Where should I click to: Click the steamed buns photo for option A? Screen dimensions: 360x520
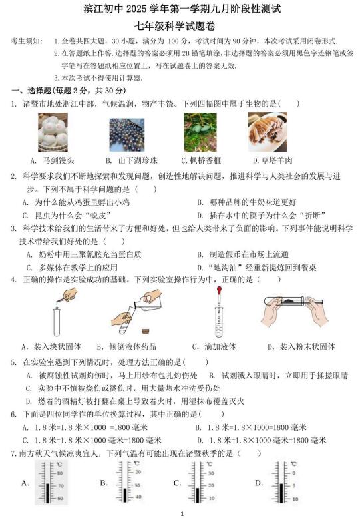[x=53, y=132]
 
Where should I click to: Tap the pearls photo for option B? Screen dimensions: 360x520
[x=127, y=134]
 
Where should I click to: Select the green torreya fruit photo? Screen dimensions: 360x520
[x=200, y=132]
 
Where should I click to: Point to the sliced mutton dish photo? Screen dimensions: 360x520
[x=268, y=132]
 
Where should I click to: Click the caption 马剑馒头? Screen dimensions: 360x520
[x=59, y=161]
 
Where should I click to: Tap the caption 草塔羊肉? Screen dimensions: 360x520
[x=277, y=161]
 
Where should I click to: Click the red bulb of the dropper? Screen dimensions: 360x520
[x=219, y=290]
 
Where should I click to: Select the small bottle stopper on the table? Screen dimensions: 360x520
[x=145, y=331]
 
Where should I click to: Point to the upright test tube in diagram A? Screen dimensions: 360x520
[x=57, y=322]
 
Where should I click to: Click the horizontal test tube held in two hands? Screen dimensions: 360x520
[x=293, y=302]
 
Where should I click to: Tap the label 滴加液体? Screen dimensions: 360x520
[x=220, y=347]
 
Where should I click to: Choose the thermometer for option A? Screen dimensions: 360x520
[x=51, y=483]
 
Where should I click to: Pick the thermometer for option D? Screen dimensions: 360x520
[x=284, y=483]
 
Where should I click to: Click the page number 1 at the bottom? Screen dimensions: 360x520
[x=182, y=514]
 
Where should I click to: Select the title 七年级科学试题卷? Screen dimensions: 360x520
[x=175, y=26]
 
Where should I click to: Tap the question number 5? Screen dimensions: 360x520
[x=13, y=362]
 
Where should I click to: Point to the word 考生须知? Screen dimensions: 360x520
[x=26, y=41]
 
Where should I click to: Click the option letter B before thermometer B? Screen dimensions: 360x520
[x=104, y=483]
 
